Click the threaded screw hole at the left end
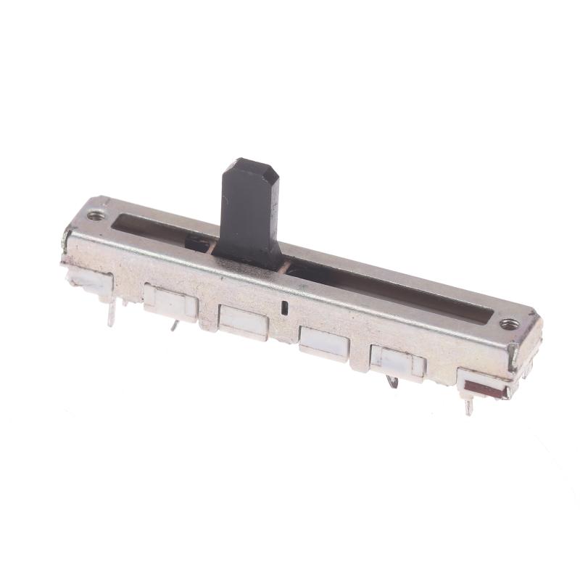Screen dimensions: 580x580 95,215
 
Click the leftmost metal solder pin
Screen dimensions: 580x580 112,312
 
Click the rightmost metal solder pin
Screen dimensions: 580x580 469,407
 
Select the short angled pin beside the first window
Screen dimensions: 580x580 175,327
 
